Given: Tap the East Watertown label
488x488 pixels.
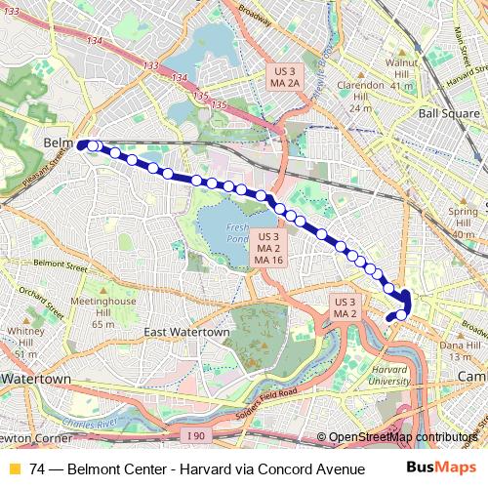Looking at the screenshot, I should (185, 333).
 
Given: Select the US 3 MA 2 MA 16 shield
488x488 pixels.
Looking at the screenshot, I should (268, 248).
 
